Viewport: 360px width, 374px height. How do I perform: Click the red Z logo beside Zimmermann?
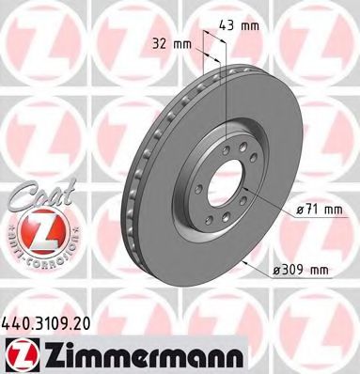[22, 351]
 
